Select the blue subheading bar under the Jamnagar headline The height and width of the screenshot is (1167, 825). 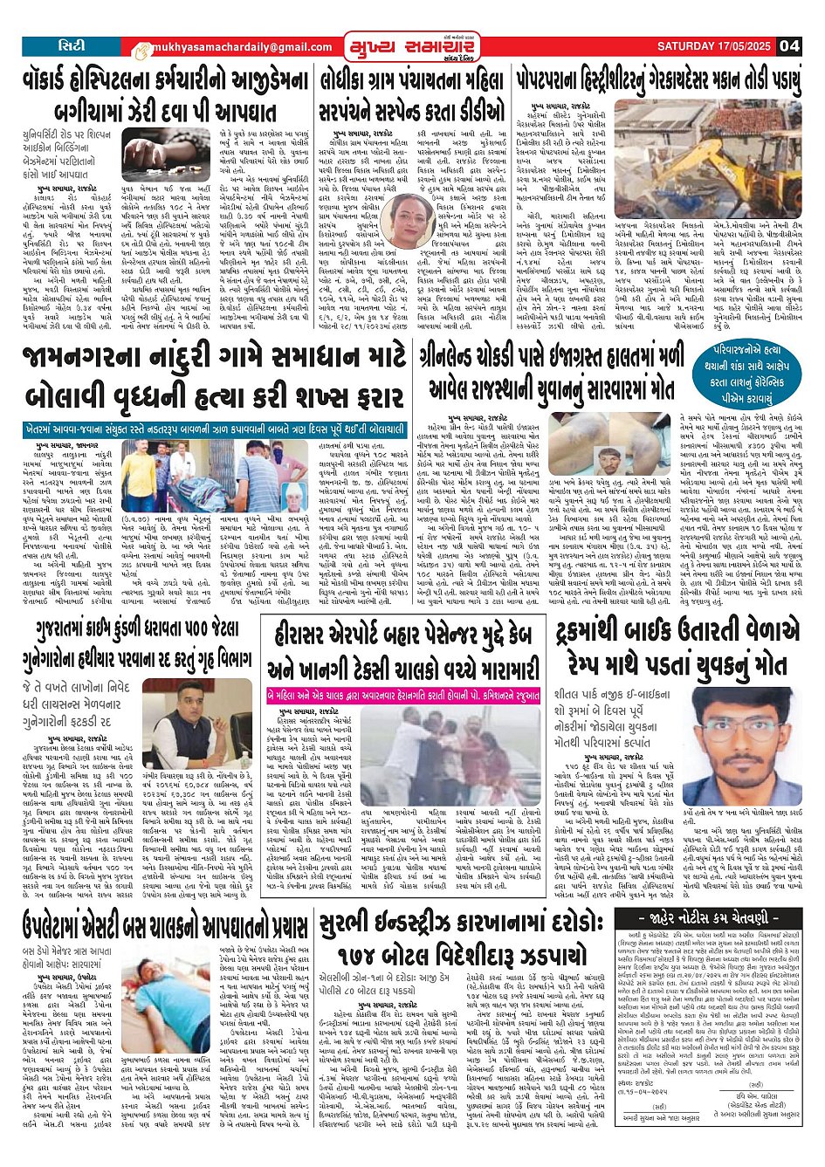(x=215, y=430)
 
